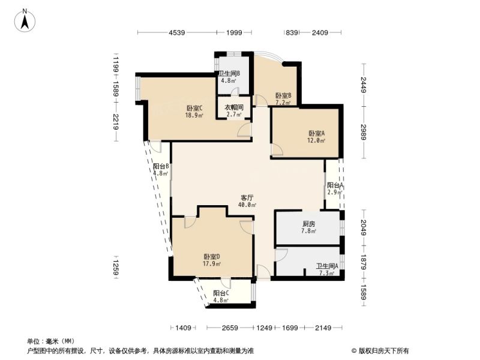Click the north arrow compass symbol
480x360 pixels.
click(x=25, y=20)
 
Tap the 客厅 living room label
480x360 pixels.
click(x=247, y=197)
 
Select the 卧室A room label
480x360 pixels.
click(x=316, y=133)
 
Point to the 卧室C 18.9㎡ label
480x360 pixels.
click(x=194, y=112)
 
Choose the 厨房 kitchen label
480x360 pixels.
click(x=308, y=224)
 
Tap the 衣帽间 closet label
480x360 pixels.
click(x=234, y=108)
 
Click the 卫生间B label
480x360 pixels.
click(x=229, y=73)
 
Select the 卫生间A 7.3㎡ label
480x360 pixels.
click(x=327, y=269)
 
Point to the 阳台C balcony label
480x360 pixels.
click(x=221, y=293)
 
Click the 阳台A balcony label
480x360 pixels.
click(x=335, y=185)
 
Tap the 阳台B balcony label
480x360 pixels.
click(x=161, y=166)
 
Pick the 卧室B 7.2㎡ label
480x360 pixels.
click(x=283, y=99)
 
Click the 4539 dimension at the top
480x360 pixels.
click(x=177, y=32)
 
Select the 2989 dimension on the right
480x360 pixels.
click(x=364, y=132)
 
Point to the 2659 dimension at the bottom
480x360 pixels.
click(x=230, y=328)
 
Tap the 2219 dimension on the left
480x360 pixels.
click(x=115, y=122)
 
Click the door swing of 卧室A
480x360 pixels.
click(x=277, y=149)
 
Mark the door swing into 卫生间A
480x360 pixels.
click(x=281, y=255)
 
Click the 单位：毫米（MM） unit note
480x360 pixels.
click(x=51, y=341)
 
